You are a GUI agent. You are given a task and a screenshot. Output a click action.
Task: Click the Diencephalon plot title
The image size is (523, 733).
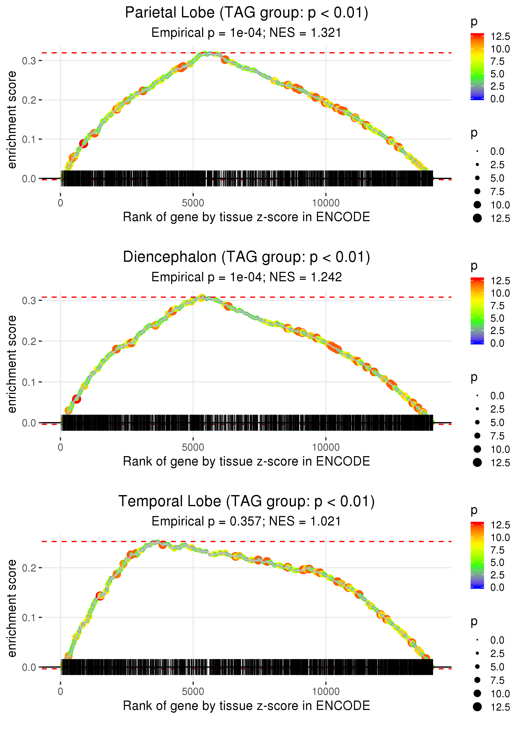(x=246, y=257)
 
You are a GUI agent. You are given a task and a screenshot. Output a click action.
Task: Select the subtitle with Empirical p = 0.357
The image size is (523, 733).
(x=246, y=521)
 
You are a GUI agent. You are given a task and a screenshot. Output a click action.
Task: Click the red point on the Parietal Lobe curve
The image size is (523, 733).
(x=83, y=144)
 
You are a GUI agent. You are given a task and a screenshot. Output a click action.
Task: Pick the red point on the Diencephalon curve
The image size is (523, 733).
(x=77, y=399)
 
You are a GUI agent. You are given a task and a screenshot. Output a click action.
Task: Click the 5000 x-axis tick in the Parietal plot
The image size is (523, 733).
(x=193, y=203)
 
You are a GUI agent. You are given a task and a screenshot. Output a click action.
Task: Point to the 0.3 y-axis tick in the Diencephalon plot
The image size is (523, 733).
(x=29, y=300)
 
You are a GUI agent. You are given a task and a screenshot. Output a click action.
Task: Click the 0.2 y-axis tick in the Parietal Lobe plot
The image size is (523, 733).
(x=29, y=100)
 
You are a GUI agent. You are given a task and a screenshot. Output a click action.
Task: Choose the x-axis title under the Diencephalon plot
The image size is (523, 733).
(x=246, y=461)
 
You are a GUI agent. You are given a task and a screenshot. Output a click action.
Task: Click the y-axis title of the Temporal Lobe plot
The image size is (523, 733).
(x=12, y=608)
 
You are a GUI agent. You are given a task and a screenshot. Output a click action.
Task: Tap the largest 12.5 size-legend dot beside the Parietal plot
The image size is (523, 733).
(x=477, y=218)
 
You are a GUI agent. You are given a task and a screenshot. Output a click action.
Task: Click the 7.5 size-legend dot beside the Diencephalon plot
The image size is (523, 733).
(x=477, y=436)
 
